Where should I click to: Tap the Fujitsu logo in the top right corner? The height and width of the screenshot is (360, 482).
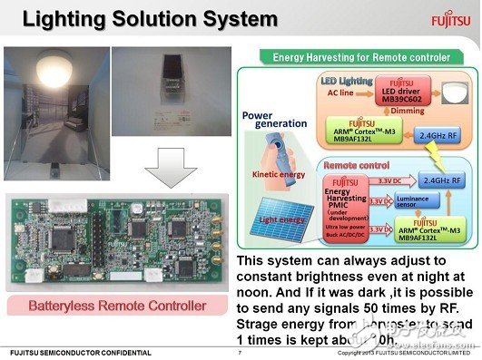click(x=451, y=16)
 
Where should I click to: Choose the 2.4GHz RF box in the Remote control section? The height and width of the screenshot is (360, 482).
click(x=438, y=180)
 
